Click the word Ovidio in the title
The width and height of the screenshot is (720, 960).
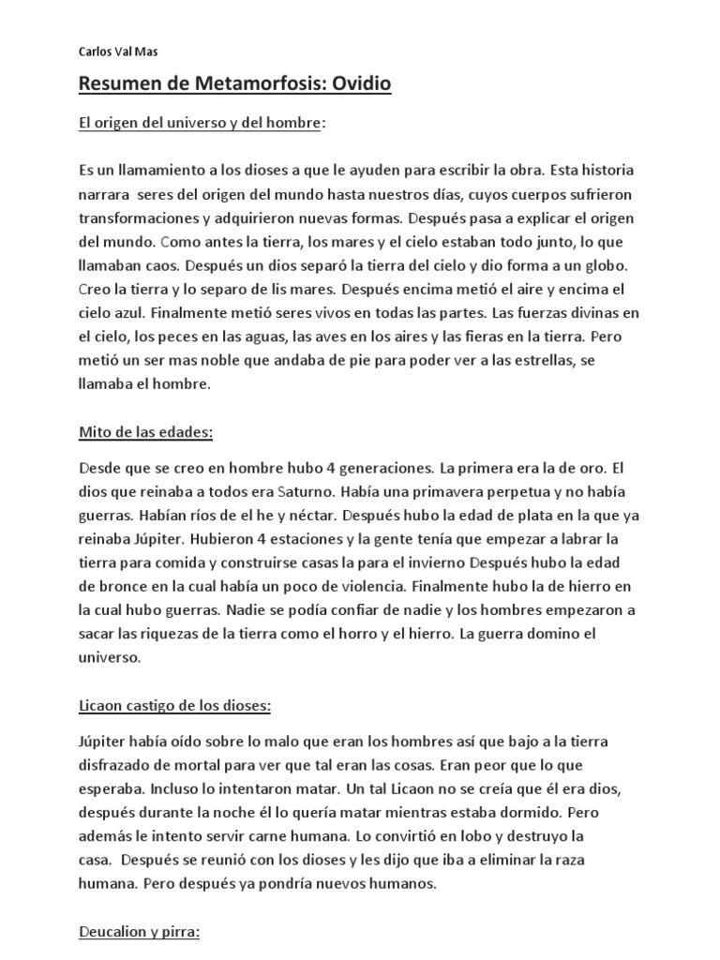click(352, 85)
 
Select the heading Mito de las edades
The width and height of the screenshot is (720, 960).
click(145, 433)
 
